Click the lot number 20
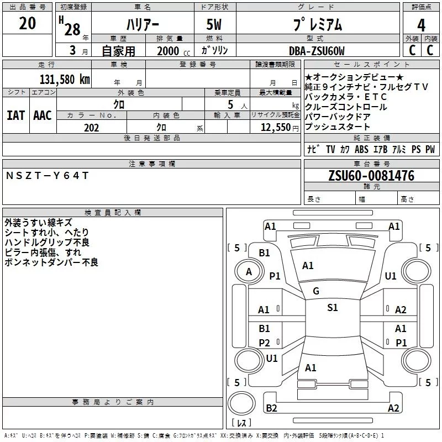click(27, 23)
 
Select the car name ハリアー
click(142, 24)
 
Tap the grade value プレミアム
click(317, 24)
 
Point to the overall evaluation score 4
click(422, 25)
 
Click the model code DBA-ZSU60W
click(317, 51)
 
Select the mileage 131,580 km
click(65, 79)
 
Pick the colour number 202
click(91, 128)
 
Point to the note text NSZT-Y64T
click(47, 175)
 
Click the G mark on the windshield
click(316, 291)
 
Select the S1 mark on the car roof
click(332, 308)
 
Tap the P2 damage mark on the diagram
click(265, 343)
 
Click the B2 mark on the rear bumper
click(271, 408)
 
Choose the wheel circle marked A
click(249, 271)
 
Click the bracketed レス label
click(241, 423)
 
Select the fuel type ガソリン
click(215, 51)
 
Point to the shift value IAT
click(15, 115)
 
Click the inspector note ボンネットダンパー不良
click(51, 262)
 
